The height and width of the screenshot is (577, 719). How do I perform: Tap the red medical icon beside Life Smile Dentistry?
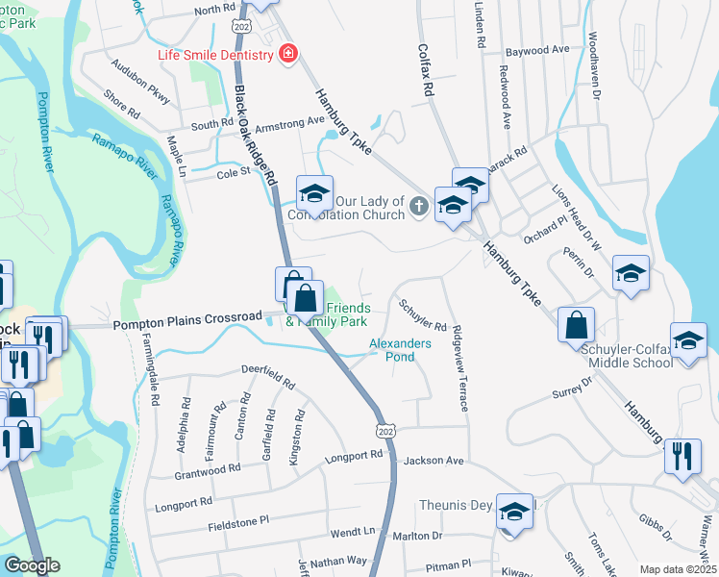[x=286, y=54]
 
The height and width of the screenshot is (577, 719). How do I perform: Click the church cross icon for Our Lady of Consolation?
[x=418, y=205]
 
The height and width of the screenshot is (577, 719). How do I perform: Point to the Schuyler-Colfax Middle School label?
[x=626, y=356]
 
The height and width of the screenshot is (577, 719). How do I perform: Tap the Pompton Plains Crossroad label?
[x=187, y=317]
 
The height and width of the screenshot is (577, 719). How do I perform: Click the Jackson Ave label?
[x=434, y=462]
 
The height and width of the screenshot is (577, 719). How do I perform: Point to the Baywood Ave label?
[x=538, y=49]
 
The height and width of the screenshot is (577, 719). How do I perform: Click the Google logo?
[x=31, y=566]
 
